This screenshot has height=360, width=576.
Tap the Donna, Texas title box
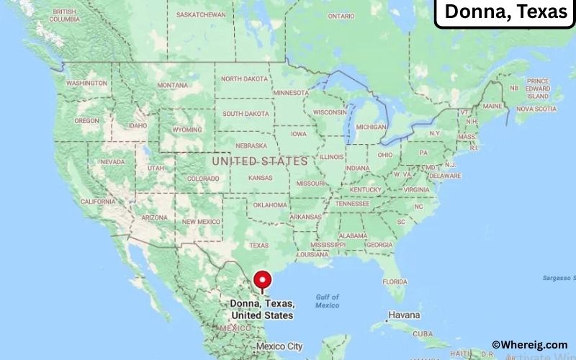[x=505, y=12]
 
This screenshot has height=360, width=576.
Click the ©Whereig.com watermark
[x=529, y=345]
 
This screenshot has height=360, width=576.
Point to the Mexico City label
[x=279, y=346]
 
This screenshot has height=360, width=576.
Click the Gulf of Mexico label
[x=327, y=301]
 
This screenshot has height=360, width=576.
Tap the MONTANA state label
[x=172, y=85]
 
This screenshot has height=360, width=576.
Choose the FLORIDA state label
[x=395, y=281]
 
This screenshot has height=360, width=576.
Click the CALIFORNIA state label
[x=97, y=202]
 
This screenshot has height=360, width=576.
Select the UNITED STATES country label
[x=259, y=161]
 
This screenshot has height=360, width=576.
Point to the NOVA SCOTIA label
[x=536, y=109]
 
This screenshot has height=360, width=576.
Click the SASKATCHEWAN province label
[x=201, y=14]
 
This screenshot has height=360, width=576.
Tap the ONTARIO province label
[x=341, y=16]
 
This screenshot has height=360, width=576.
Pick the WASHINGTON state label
[x=86, y=83]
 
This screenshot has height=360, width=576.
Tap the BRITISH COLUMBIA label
[x=64, y=15]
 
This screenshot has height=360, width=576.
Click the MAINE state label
[x=492, y=106]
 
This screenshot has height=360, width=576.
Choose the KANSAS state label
[x=259, y=177]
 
